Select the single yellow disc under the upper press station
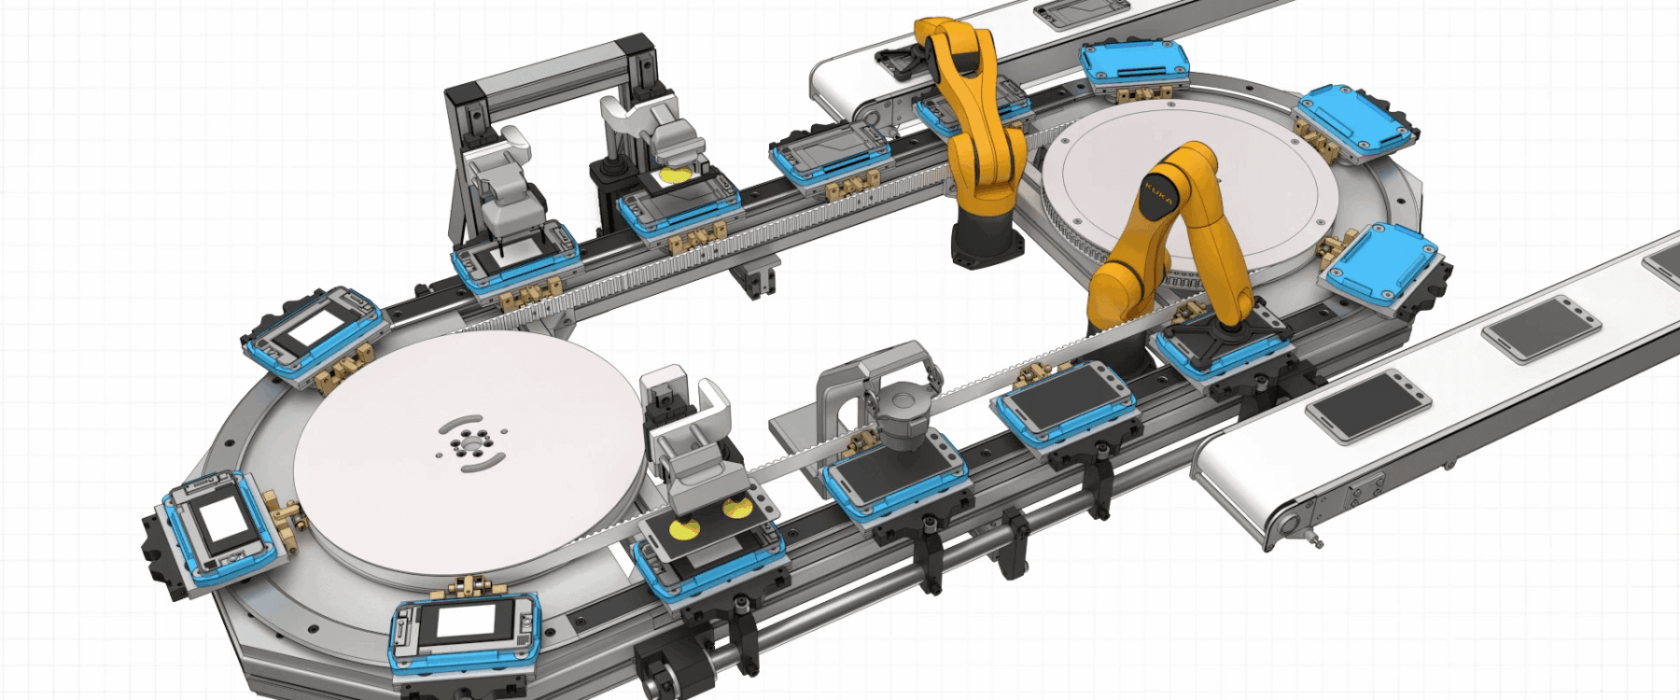pos(677,175)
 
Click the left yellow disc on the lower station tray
pos(684,530)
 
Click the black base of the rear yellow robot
pos(987,238)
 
